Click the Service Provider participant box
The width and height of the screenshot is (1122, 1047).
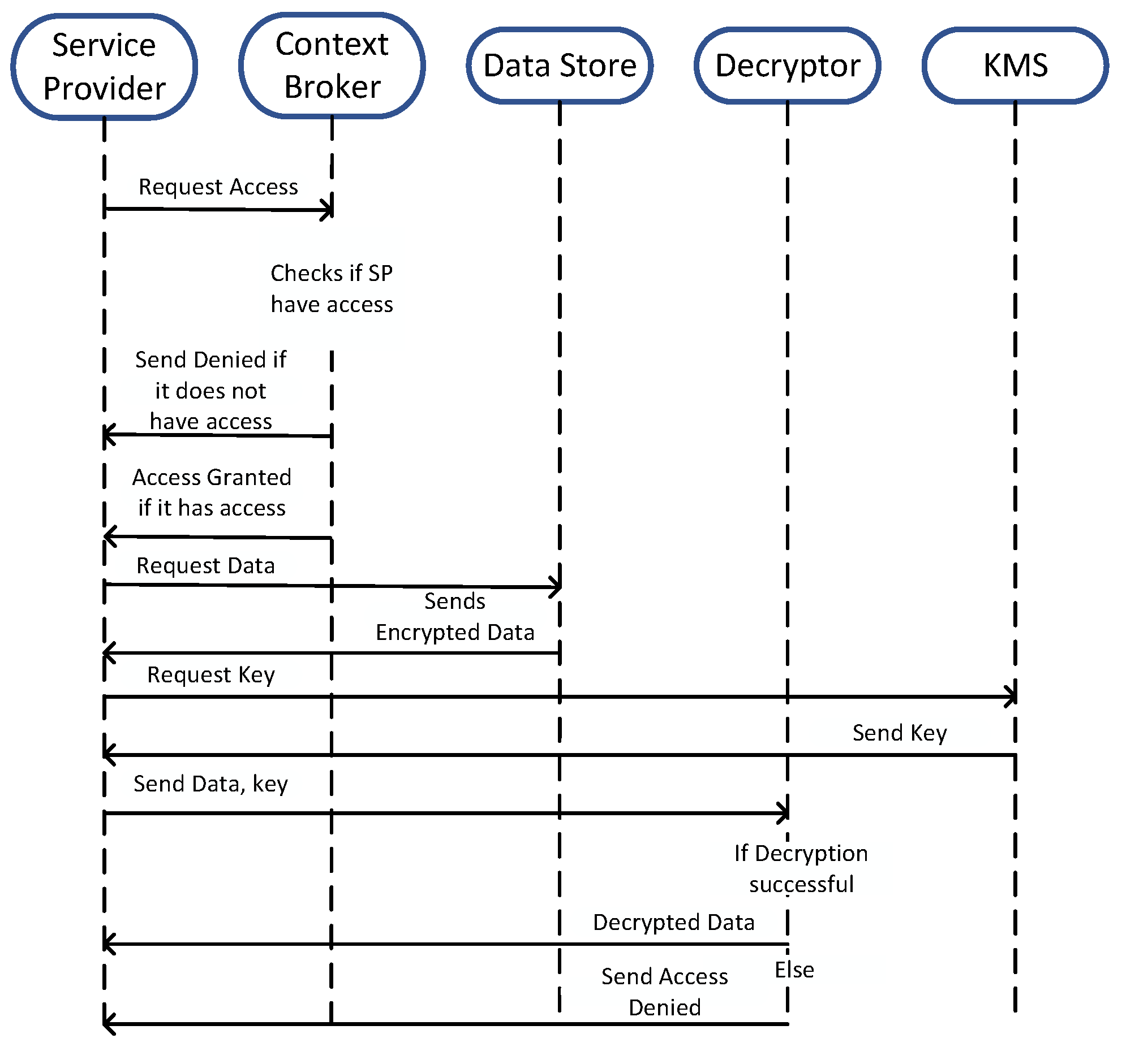(x=104, y=67)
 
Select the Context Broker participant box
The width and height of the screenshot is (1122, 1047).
(x=332, y=66)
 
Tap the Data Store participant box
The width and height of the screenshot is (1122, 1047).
(x=560, y=66)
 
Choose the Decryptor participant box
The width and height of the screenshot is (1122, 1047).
(x=788, y=66)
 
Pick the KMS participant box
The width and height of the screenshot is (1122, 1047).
(x=1015, y=66)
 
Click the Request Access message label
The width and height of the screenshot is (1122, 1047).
(x=218, y=187)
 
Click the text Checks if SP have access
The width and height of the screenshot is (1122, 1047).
(x=332, y=289)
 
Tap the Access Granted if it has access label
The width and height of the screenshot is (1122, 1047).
(x=212, y=492)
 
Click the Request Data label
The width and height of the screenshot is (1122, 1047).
(x=205, y=566)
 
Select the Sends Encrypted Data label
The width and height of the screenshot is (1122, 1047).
(x=455, y=617)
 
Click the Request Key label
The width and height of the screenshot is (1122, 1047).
(x=211, y=675)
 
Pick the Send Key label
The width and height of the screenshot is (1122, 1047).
(x=900, y=733)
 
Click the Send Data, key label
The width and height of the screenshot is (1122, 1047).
(x=210, y=784)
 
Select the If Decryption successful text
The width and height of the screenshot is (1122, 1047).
(x=801, y=869)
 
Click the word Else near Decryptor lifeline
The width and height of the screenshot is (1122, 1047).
(x=794, y=970)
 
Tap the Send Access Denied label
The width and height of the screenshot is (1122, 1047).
(x=665, y=992)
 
